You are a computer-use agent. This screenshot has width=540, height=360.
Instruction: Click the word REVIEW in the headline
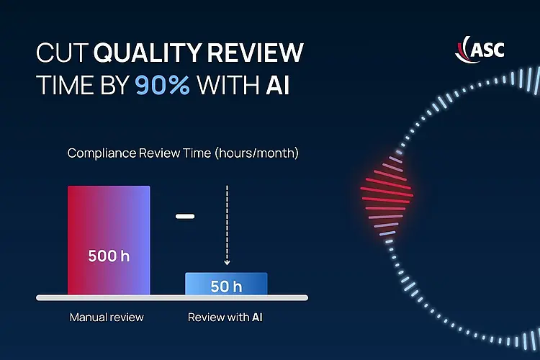point(258,53)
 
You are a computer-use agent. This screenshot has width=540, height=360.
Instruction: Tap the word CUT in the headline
point(63,53)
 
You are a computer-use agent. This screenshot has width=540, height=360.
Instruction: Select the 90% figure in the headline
point(163,86)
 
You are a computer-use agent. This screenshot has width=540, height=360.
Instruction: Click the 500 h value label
point(109,256)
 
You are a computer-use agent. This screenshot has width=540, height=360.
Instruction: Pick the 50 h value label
point(226,286)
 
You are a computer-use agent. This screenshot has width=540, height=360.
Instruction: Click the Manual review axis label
point(107,317)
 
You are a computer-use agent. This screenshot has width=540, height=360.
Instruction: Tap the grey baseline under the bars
point(172,297)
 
